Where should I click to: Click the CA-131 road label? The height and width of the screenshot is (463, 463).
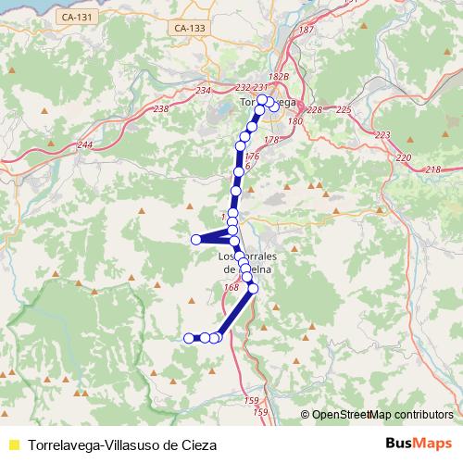pyautogui.click(x=74, y=17)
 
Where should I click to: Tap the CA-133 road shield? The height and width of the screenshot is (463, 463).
pyautogui.click(x=189, y=29)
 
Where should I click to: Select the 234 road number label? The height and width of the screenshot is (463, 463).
pyautogui.click(x=205, y=90)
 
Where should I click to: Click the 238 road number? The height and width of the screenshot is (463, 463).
pyautogui.click(x=160, y=109)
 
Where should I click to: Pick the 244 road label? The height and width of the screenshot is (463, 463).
pyautogui.click(x=86, y=144)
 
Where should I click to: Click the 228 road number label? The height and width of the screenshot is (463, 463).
pyautogui.click(x=315, y=110)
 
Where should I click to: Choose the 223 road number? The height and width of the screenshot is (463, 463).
pyautogui.click(x=383, y=135)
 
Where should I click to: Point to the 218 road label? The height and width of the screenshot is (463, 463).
pyautogui.click(x=433, y=169)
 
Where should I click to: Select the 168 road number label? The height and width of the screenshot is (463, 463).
pyautogui.click(x=231, y=288)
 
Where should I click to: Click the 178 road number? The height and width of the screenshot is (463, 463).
pyautogui.click(x=271, y=140)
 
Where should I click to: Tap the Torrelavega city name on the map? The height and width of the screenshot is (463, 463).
pyautogui.click(x=267, y=102)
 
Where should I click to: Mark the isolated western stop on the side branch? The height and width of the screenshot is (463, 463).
pyautogui.click(x=196, y=240)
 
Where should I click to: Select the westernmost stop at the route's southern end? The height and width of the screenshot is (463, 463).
pyautogui.click(x=189, y=338)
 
